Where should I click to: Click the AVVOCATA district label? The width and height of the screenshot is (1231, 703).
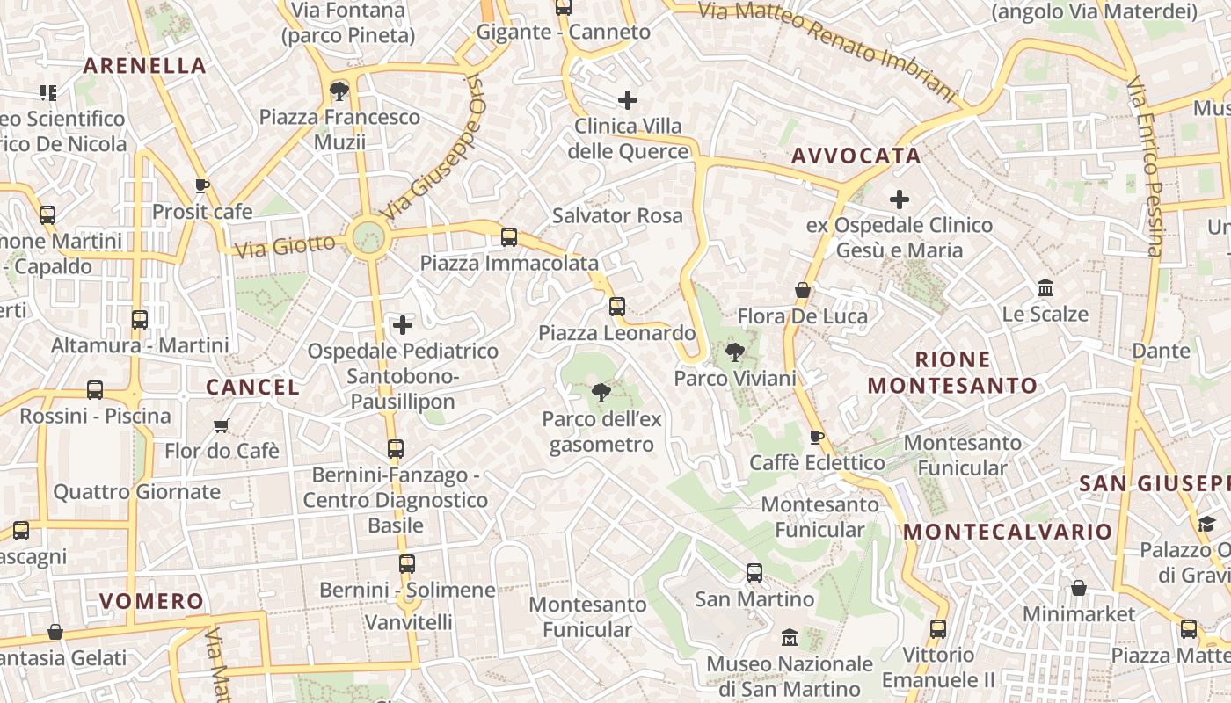click(856, 156)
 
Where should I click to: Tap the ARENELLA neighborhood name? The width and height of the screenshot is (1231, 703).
click(144, 66)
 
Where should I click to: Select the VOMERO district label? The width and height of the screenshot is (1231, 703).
click(151, 602)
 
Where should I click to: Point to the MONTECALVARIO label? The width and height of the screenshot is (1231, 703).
click(1008, 532)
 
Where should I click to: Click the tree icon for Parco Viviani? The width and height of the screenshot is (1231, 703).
click(734, 353)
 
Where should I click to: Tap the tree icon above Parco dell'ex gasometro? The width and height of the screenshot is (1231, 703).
click(601, 392)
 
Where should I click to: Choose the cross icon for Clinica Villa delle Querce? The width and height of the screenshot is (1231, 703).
click(628, 100)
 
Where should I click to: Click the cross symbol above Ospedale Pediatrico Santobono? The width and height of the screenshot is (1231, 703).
click(403, 325)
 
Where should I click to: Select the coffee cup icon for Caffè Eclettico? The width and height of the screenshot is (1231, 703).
click(817, 437)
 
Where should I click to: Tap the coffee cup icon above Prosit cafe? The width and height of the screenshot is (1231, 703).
click(202, 186)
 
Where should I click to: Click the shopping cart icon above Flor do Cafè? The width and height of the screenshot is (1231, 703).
click(222, 425)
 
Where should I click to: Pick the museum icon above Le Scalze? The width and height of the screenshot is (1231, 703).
click(1045, 288)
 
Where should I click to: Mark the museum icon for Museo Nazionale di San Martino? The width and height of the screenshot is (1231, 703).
click(790, 637)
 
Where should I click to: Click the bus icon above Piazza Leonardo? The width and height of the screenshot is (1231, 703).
click(617, 307)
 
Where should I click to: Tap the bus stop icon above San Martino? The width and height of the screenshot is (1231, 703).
click(754, 573)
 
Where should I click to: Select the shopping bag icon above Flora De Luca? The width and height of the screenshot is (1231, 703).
click(803, 290)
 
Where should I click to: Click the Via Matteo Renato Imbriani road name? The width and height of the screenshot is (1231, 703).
click(827, 49)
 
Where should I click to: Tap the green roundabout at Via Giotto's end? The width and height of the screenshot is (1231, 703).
click(368, 236)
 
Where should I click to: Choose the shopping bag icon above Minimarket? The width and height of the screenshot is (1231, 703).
click(1079, 587)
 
